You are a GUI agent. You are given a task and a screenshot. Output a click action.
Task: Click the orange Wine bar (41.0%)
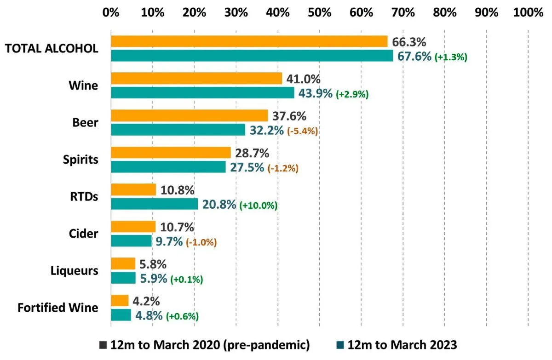tap(196, 79)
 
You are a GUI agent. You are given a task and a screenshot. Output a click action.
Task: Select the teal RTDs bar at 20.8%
tap(154, 204)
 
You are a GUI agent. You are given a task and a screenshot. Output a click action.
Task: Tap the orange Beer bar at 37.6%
tap(189, 116)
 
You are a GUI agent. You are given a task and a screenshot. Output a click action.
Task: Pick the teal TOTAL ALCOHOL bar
tap(252, 56)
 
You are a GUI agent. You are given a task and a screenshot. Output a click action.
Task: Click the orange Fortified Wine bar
tap(120, 301)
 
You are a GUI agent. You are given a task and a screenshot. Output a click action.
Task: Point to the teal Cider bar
tap(131, 241)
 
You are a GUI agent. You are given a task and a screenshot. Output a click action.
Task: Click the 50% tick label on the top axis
tap(319, 13)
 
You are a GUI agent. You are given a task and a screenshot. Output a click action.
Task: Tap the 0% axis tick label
tap(111, 13)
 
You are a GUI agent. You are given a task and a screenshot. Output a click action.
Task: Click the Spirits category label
tap(80, 160)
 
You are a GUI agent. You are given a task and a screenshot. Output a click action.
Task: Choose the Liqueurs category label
tap(74, 271)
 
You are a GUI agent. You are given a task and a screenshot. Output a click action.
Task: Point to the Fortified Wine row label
tap(58, 308)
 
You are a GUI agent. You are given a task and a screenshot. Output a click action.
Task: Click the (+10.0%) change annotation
tap(259, 206)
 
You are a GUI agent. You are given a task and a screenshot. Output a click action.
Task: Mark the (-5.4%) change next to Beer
tap(303, 131)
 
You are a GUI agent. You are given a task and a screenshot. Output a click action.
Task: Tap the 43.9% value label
tap(316, 93)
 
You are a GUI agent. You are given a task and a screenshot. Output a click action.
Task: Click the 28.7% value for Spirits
tap(252, 153)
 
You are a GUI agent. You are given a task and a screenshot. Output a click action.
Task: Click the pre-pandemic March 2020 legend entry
tap(205, 345)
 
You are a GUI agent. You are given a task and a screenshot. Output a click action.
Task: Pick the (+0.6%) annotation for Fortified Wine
tap(182, 316)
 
